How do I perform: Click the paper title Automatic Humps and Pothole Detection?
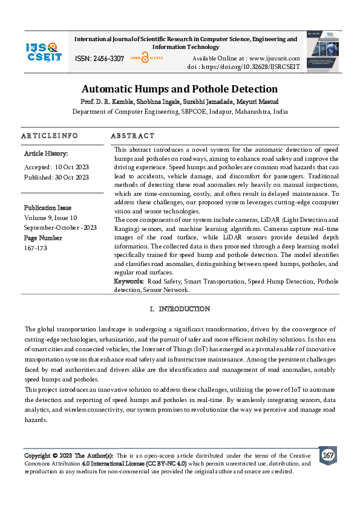(180, 88)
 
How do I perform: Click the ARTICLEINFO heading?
(49, 136)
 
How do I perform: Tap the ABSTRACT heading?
(133, 136)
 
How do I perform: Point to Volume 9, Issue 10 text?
(51, 217)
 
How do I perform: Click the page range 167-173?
(35, 248)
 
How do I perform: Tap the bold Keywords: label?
(129, 282)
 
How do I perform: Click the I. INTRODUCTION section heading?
(180, 310)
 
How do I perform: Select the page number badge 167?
(328, 455)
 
